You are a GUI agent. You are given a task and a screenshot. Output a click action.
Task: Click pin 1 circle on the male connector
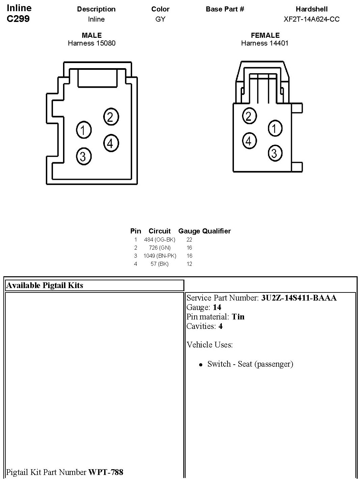[x=84, y=130]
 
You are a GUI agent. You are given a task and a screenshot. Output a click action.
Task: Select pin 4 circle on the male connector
[x=111, y=143]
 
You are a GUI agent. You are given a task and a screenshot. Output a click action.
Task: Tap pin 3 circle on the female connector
[x=275, y=153]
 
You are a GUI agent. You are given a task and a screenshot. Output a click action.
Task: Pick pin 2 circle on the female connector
[x=249, y=116]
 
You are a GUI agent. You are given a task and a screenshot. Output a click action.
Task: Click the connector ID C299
[x=18, y=19]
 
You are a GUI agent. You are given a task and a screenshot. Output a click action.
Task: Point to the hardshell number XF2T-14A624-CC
[x=311, y=19]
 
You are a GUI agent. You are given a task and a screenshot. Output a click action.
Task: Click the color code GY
[x=160, y=19]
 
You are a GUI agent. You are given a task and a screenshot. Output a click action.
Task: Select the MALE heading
[x=92, y=35]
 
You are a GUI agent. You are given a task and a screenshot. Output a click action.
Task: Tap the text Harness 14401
[x=265, y=43]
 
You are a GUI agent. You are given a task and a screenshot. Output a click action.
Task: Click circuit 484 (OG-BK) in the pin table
[x=159, y=239]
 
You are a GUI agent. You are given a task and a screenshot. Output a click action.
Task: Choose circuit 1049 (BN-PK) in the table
[x=159, y=256]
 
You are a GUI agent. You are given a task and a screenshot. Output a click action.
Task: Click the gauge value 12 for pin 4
[x=189, y=264]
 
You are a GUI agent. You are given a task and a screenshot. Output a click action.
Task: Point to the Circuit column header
[x=159, y=231]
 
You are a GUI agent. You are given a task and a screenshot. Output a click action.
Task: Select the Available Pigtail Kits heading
[x=45, y=285]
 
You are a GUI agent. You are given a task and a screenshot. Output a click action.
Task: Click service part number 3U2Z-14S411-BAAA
[x=299, y=298]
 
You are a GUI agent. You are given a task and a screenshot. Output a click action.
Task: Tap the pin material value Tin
[x=238, y=317]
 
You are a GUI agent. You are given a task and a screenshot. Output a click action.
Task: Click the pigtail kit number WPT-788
[x=106, y=472]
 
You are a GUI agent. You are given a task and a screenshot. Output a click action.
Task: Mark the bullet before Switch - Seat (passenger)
[x=201, y=365]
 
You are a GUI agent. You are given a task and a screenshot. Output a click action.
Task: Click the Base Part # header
[x=225, y=9]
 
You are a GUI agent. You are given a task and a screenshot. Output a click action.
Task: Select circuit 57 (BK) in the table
[x=159, y=264]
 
